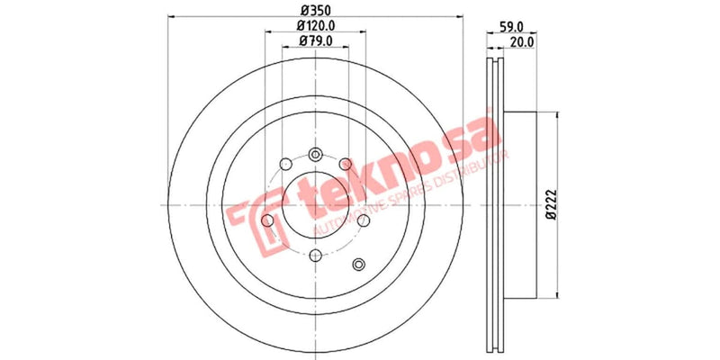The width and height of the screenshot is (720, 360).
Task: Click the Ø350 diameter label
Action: (314, 10)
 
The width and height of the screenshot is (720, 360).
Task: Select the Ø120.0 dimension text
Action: (315, 26)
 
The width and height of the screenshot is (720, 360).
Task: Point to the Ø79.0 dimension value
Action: (315, 40)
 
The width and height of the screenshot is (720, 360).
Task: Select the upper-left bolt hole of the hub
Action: (284, 164)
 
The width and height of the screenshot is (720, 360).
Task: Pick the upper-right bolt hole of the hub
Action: (345, 164)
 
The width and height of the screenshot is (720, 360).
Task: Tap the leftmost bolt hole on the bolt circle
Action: (267, 220)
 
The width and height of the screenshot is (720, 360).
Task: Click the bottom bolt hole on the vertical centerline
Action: (314, 255)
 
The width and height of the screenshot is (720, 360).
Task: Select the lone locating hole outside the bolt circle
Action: (360, 264)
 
